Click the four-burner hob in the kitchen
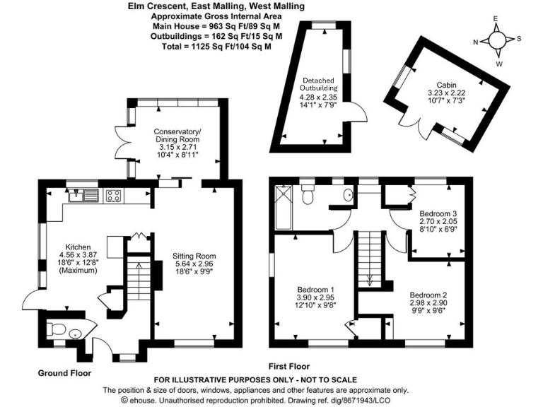coord(113,196)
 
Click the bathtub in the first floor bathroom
coord(282,208)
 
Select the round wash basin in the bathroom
coord(347,196)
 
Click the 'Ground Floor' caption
coord(64,372)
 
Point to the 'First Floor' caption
coord(289,367)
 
